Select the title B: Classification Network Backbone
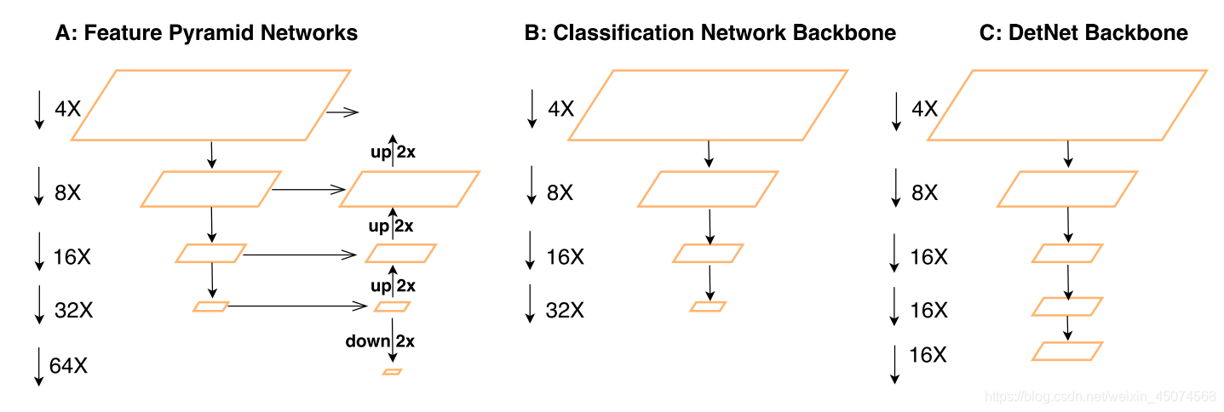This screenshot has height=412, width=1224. [x=710, y=33]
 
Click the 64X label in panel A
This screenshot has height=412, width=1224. [x=68, y=365]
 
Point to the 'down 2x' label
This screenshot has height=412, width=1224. [x=380, y=341]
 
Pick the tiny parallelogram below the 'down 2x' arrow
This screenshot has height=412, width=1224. [x=393, y=372]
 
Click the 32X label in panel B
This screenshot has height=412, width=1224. [x=565, y=311]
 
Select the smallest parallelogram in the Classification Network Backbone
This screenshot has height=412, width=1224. [x=708, y=306]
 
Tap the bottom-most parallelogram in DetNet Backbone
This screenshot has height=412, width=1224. [x=1066, y=352]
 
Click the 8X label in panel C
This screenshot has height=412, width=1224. [x=924, y=193]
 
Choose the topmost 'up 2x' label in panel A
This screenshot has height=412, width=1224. [x=393, y=152]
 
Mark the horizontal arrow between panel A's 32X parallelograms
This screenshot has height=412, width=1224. [x=297, y=306]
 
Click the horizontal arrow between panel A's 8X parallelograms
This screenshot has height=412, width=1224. [x=308, y=190]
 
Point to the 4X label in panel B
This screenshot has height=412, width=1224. [x=561, y=109]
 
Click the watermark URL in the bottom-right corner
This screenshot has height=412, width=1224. [x=1100, y=396]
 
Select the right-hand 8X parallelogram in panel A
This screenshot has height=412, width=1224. [x=409, y=189]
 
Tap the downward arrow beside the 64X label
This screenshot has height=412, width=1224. [x=39, y=367]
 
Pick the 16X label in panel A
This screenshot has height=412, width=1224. [x=72, y=257]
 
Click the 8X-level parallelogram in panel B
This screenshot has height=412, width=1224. [x=708, y=189]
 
